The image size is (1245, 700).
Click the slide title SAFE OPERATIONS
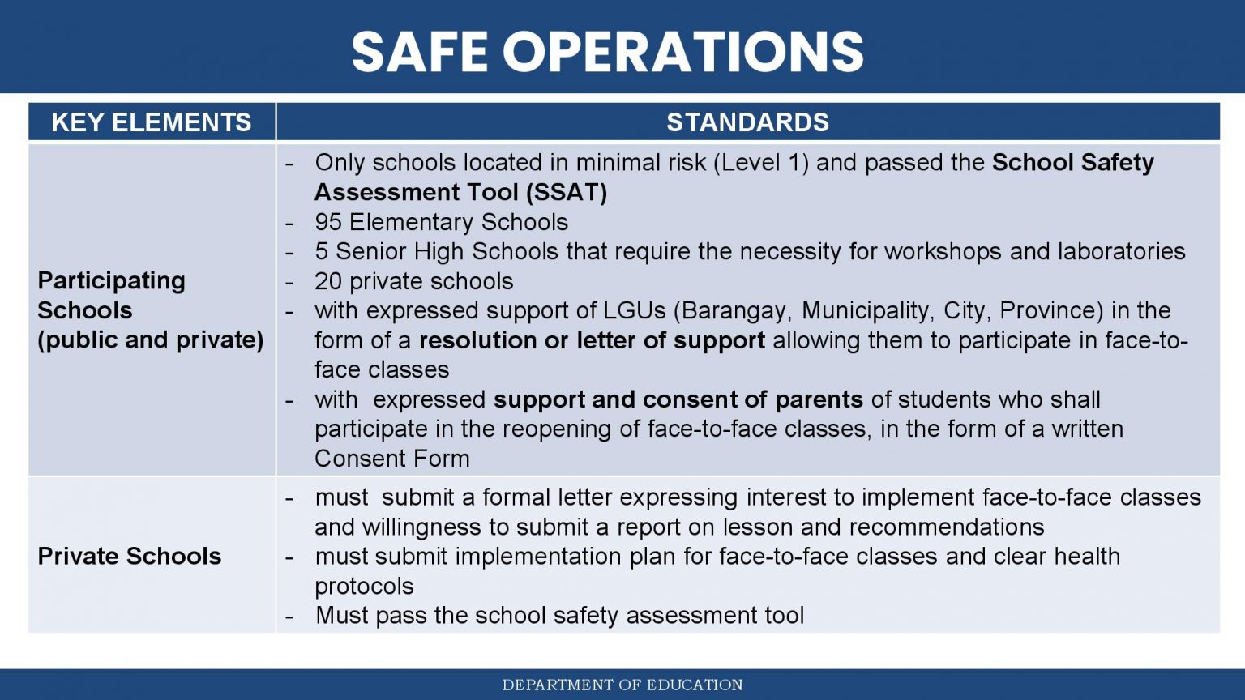pos(607,51)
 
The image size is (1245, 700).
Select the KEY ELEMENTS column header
pos(152,122)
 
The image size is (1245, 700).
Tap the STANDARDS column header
pos(747,122)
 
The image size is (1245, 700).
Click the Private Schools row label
pos(130,556)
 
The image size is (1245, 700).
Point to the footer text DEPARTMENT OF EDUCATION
pos(622,685)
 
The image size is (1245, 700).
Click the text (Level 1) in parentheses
pos(761,163)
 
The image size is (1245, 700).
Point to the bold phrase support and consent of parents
pos(678,399)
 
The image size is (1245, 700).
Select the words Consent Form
pos(392,459)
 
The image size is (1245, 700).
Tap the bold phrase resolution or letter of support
pos(592,340)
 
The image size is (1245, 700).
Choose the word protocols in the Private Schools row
pos(364,587)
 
